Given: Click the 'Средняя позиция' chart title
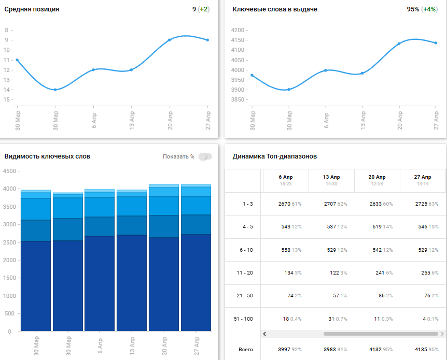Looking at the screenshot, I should (x=32, y=9).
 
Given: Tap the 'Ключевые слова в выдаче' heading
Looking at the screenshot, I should (x=275, y=9).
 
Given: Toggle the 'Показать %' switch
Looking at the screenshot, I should (x=205, y=156).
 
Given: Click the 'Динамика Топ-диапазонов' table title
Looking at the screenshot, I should (x=275, y=156).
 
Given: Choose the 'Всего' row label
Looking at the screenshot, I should (x=245, y=350).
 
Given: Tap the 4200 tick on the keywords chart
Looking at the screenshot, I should (x=238, y=30).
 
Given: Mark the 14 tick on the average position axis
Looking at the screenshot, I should (x=7, y=90).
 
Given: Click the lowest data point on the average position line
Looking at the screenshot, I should (x=55, y=90).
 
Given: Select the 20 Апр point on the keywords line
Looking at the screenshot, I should (x=399, y=44).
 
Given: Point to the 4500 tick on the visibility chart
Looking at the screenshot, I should (x=9, y=171).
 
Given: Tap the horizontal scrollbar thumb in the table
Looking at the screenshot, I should (x=373, y=334).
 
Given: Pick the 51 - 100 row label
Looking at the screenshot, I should (x=244, y=319).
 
